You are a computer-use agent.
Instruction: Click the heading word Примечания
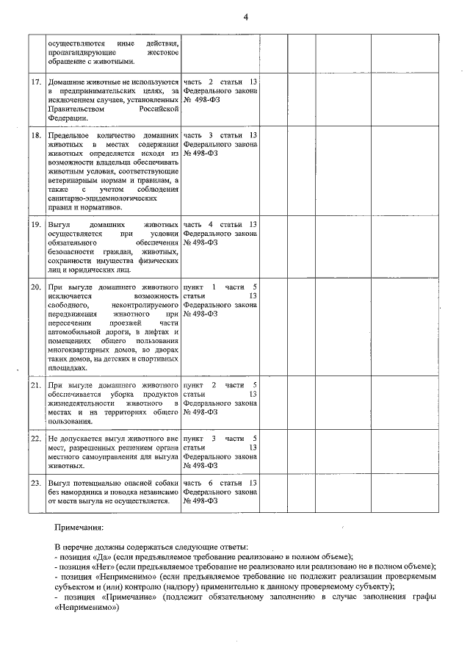[x=79, y=527]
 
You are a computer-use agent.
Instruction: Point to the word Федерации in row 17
[x=67, y=118]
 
